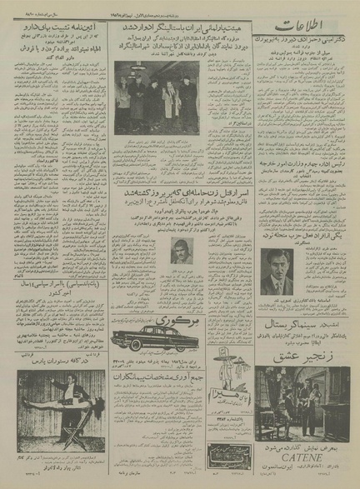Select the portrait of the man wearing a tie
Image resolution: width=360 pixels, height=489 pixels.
click(x=277, y=272)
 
